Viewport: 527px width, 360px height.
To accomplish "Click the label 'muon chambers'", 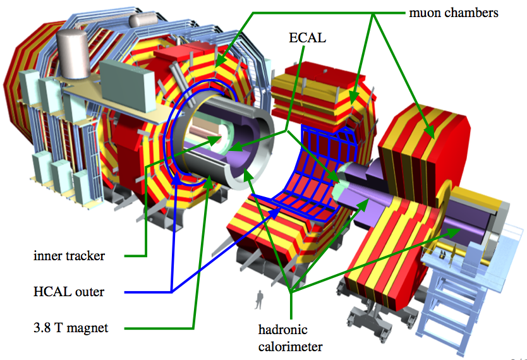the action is tap(454, 13).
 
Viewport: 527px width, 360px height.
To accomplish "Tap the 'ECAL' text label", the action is tap(307, 38).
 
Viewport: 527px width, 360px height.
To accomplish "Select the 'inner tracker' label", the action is tap(70, 256).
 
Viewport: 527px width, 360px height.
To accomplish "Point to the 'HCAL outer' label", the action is tap(69, 292).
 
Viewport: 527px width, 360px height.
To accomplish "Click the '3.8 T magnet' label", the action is tap(71, 328).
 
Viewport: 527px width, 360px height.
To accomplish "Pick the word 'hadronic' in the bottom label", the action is tap(282, 330).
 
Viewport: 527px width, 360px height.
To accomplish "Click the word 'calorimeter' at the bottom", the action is tap(291, 347).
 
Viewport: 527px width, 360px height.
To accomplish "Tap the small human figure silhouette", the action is tap(259, 300).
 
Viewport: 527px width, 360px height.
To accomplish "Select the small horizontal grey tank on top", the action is tap(143, 20).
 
